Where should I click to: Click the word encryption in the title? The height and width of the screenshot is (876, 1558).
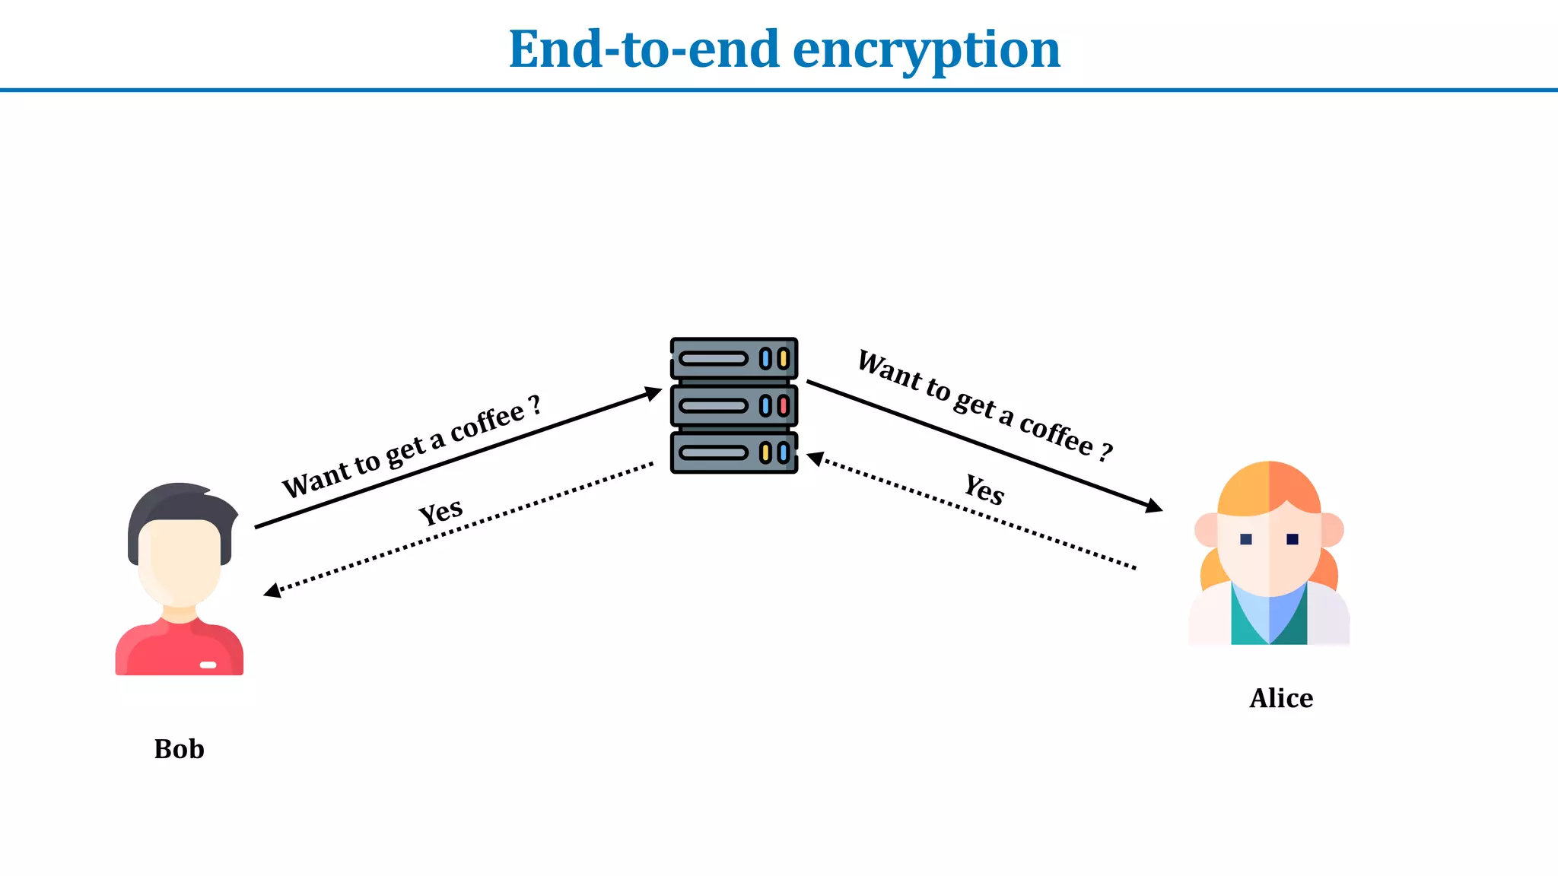[x=926, y=50]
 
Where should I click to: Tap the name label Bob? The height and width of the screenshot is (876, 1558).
[x=179, y=749]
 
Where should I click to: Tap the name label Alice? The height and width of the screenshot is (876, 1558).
[x=1281, y=698]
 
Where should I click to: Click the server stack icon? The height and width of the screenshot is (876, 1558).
[x=734, y=405]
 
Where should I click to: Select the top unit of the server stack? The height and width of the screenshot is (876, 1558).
[x=734, y=358]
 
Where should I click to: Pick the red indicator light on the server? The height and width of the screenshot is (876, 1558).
[x=783, y=405]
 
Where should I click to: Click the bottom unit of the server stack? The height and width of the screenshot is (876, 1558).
[x=734, y=453]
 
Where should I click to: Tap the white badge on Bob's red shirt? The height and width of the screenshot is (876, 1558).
[x=208, y=665]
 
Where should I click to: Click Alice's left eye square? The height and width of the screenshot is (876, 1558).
[x=1246, y=539]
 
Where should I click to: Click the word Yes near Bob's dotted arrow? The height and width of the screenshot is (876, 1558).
[x=440, y=512]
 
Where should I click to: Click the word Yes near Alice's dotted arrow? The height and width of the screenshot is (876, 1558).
[x=984, y=489]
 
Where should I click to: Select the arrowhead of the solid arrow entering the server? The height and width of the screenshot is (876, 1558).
[x=653, y=393]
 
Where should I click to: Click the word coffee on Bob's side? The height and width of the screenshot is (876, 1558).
[x=487, y=422]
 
